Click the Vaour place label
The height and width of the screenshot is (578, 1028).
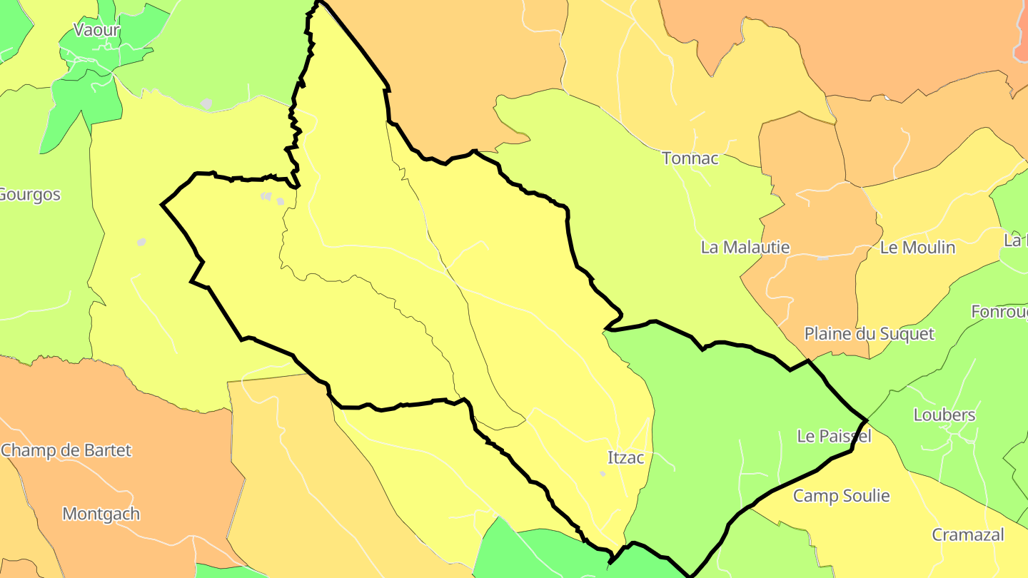click(97, 30)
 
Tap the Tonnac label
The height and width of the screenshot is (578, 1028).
click(690, 158)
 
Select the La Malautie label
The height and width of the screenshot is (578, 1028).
click(745, 248)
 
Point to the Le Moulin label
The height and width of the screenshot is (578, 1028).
click(917, 248)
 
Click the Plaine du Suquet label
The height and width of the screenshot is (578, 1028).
click(869, 334)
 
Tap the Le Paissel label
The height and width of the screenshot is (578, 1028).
click(834, 437)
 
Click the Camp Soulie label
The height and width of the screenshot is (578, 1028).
click(842, 496)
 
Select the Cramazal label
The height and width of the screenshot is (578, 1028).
click(968, 535)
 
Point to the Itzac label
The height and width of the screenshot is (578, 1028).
click(625, 458)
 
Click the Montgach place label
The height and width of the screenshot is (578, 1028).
click(101, 514)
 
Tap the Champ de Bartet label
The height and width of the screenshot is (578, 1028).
click(66, 451)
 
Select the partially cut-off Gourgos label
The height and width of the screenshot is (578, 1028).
click(29, 195)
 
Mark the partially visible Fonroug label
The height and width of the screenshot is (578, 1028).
click(999, 312)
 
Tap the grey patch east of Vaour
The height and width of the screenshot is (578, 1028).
click(206, 104)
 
